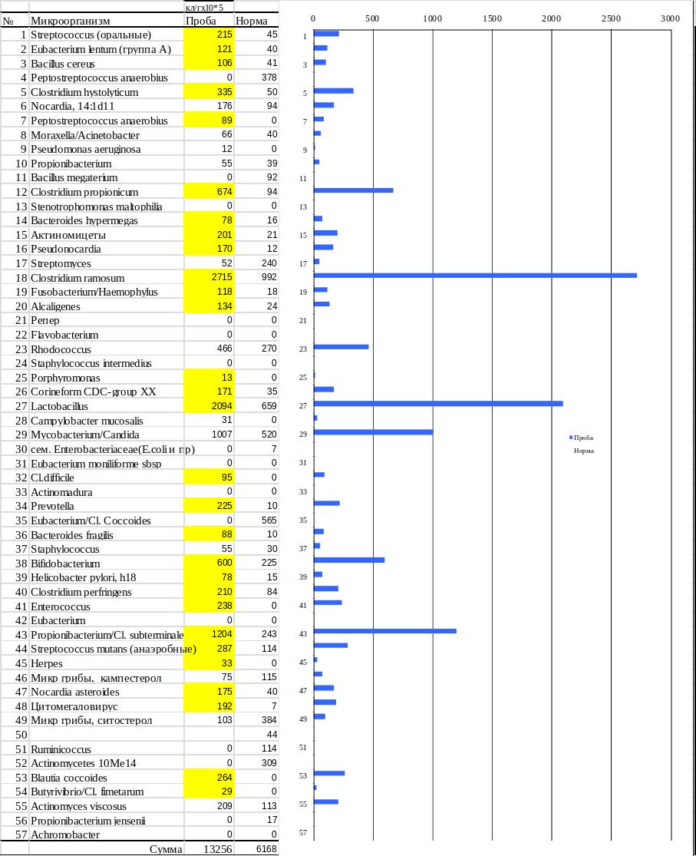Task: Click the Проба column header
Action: pyautogui.click(x=200, y=21)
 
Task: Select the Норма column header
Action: pyautogui.click(x=251, y=21)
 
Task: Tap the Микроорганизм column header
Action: pyautogui.click(x=70, y=21)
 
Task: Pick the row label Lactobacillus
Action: pyautogui.click(x=59, y=406)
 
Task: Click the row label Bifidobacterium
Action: pyautogui.click(x=65, y=564)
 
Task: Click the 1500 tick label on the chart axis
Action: pyautogui.click(x=492, y=18)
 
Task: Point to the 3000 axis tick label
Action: pyautogui.click(x=670, y=18)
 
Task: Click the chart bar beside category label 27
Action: pyautogui.click(x=438, y=404)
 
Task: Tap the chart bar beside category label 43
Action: pyautogui.click(x=384, y=631)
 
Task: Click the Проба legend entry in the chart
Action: pyautogui.click(x=582, y=438)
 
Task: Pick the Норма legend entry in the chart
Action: pyautogui.click(x=583, y=451)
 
